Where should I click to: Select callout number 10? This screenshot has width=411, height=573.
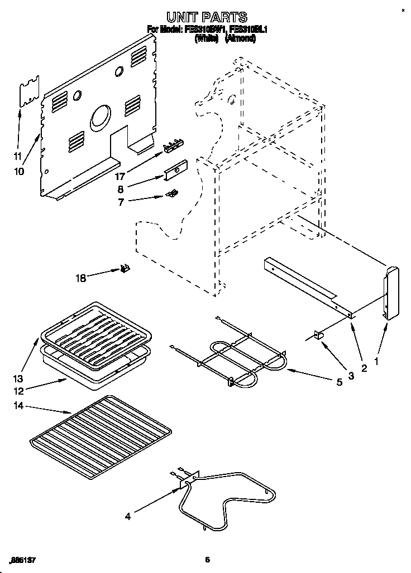pyautogui.click(x=20, y=172)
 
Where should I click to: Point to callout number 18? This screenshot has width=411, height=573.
pyautogui.click(x=81, y=277)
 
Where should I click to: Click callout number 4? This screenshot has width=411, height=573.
pyautogui.click(x=128, y=517)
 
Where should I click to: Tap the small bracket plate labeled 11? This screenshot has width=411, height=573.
pyautogui.click(x=28, y=91)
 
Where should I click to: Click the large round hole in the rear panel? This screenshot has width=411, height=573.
pyautogui.click(x=101, y=118)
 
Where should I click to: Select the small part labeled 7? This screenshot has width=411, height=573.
pyautogui.click(x=173, y=193)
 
